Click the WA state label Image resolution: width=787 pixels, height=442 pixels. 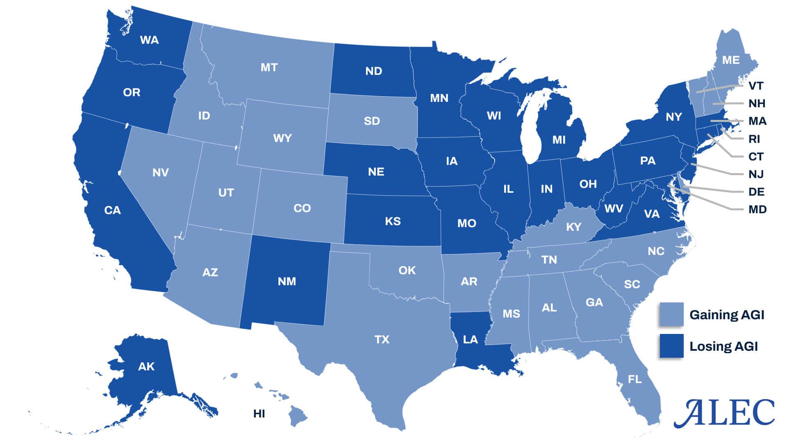tap(149, 40)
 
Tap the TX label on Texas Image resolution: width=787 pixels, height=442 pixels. tap(382, 339)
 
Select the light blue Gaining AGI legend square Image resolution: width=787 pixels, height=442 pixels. tap(671, 314)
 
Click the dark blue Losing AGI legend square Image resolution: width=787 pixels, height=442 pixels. tap(671, 346)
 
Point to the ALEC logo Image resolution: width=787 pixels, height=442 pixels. tap(724, 413)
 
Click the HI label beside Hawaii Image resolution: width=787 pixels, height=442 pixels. tap(259, 414)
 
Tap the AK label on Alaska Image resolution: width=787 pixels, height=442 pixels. tap(146, 366)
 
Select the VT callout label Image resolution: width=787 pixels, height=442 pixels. tap(756, 86)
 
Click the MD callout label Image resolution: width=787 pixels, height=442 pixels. tap(757, 210)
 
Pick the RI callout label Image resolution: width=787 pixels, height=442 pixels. tap(754, 139)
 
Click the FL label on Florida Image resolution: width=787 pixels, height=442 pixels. tap(635, 379)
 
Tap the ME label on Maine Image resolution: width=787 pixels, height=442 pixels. tap(731, 60)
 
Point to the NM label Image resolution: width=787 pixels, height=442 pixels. tap(287, 281)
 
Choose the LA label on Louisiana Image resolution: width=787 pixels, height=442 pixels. tap(470, 339)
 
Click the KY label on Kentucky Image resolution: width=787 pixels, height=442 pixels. tap(573, 227)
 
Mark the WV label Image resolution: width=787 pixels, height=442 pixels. tap(614, 209)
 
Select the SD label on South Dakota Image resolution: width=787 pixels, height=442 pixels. tap(372, 121)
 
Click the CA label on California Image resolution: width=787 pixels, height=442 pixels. tap(112, 210)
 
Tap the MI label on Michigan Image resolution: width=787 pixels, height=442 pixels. tap(559, 140)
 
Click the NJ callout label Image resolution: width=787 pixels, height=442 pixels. tap(756, 174)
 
